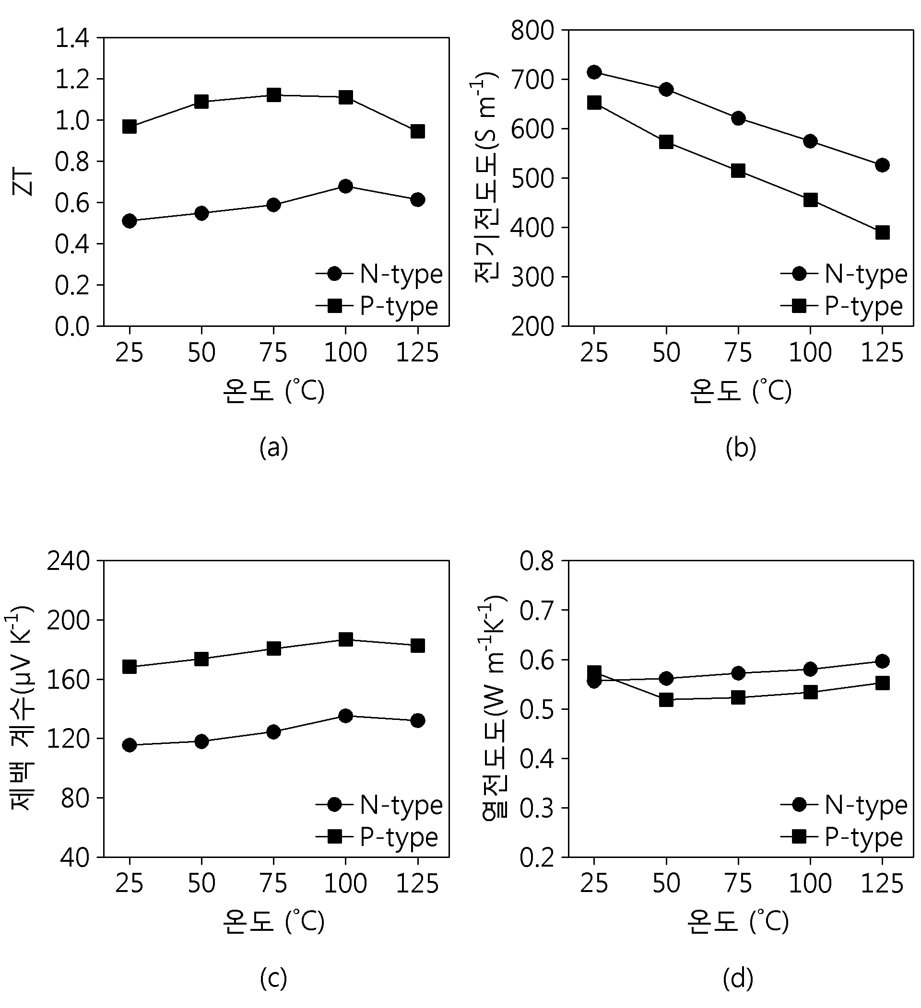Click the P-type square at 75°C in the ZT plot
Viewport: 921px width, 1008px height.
[273, 95]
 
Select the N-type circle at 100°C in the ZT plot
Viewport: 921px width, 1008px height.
[346, 186]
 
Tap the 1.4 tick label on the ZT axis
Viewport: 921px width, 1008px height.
[72, 38]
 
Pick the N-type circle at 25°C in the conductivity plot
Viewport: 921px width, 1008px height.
[594, 72]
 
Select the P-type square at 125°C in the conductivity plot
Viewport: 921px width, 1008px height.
[883, 232]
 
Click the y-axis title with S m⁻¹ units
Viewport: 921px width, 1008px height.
[486, 177]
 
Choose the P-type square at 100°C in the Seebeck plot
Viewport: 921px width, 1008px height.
[346, 639]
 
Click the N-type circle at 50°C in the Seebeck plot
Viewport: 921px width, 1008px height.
[201, 742]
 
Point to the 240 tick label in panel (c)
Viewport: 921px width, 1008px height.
[69, 561]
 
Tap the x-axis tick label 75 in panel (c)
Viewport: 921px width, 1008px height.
[273, 883]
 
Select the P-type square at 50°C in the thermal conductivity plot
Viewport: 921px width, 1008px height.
[666, 699]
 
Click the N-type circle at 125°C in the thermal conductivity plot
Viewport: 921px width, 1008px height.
[883, 661]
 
